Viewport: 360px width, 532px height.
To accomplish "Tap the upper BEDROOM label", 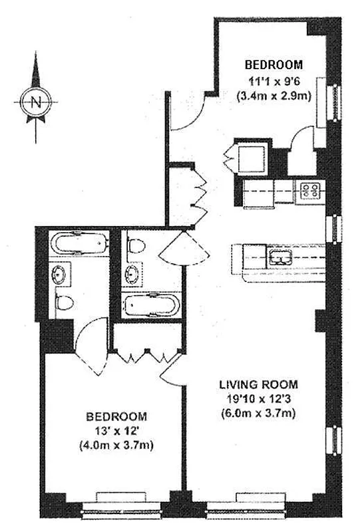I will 273,65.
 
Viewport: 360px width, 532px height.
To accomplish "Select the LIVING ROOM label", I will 259,385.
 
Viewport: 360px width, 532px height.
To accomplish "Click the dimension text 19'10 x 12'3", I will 259,399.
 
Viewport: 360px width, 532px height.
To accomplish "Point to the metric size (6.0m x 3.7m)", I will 259,414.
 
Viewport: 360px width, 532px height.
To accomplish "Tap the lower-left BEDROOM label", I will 117,417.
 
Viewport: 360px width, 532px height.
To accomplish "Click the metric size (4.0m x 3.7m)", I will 117,446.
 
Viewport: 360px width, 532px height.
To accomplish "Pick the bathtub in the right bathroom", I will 150,305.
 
